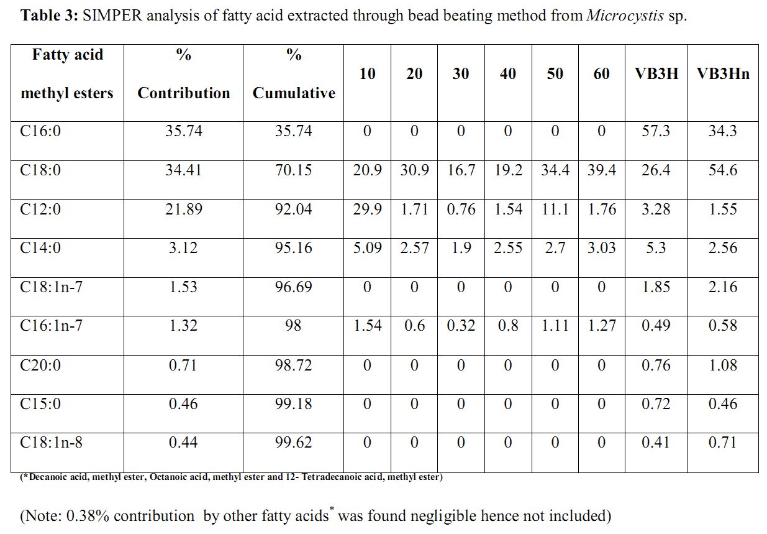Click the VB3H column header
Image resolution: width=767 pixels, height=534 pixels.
pyautogui.click(x=656, y=74)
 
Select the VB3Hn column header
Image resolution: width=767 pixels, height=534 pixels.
pyautogui.click(x=723, y=74)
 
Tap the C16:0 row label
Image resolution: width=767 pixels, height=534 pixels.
pyautogui.click(x=40, y=131)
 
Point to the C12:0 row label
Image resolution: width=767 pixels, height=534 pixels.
pyautogui.click(x=40, y=209)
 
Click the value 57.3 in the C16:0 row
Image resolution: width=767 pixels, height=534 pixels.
pyautogui.click(x=656, y=131)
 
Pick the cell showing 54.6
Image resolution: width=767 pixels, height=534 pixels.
pyautogui.click(x=723, y=170)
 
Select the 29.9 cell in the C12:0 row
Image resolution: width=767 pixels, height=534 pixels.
pyautogui.click(x=367, y=209)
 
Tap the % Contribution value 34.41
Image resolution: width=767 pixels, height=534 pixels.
pyautogui.click(x=183, y=170)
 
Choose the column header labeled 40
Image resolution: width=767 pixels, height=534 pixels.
pyautogui.click(x=508, y=74)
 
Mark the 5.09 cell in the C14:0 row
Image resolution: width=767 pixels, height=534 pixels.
pyautogui.click(x=367, y=248)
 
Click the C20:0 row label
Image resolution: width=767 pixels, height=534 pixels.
pyautogui.click(x=40, y=365)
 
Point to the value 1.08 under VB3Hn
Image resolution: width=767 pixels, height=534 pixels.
pyautogui.click(x=723, y=365)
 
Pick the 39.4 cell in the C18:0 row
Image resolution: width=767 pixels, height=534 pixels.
pyautogui.click(x=602, y=170)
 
